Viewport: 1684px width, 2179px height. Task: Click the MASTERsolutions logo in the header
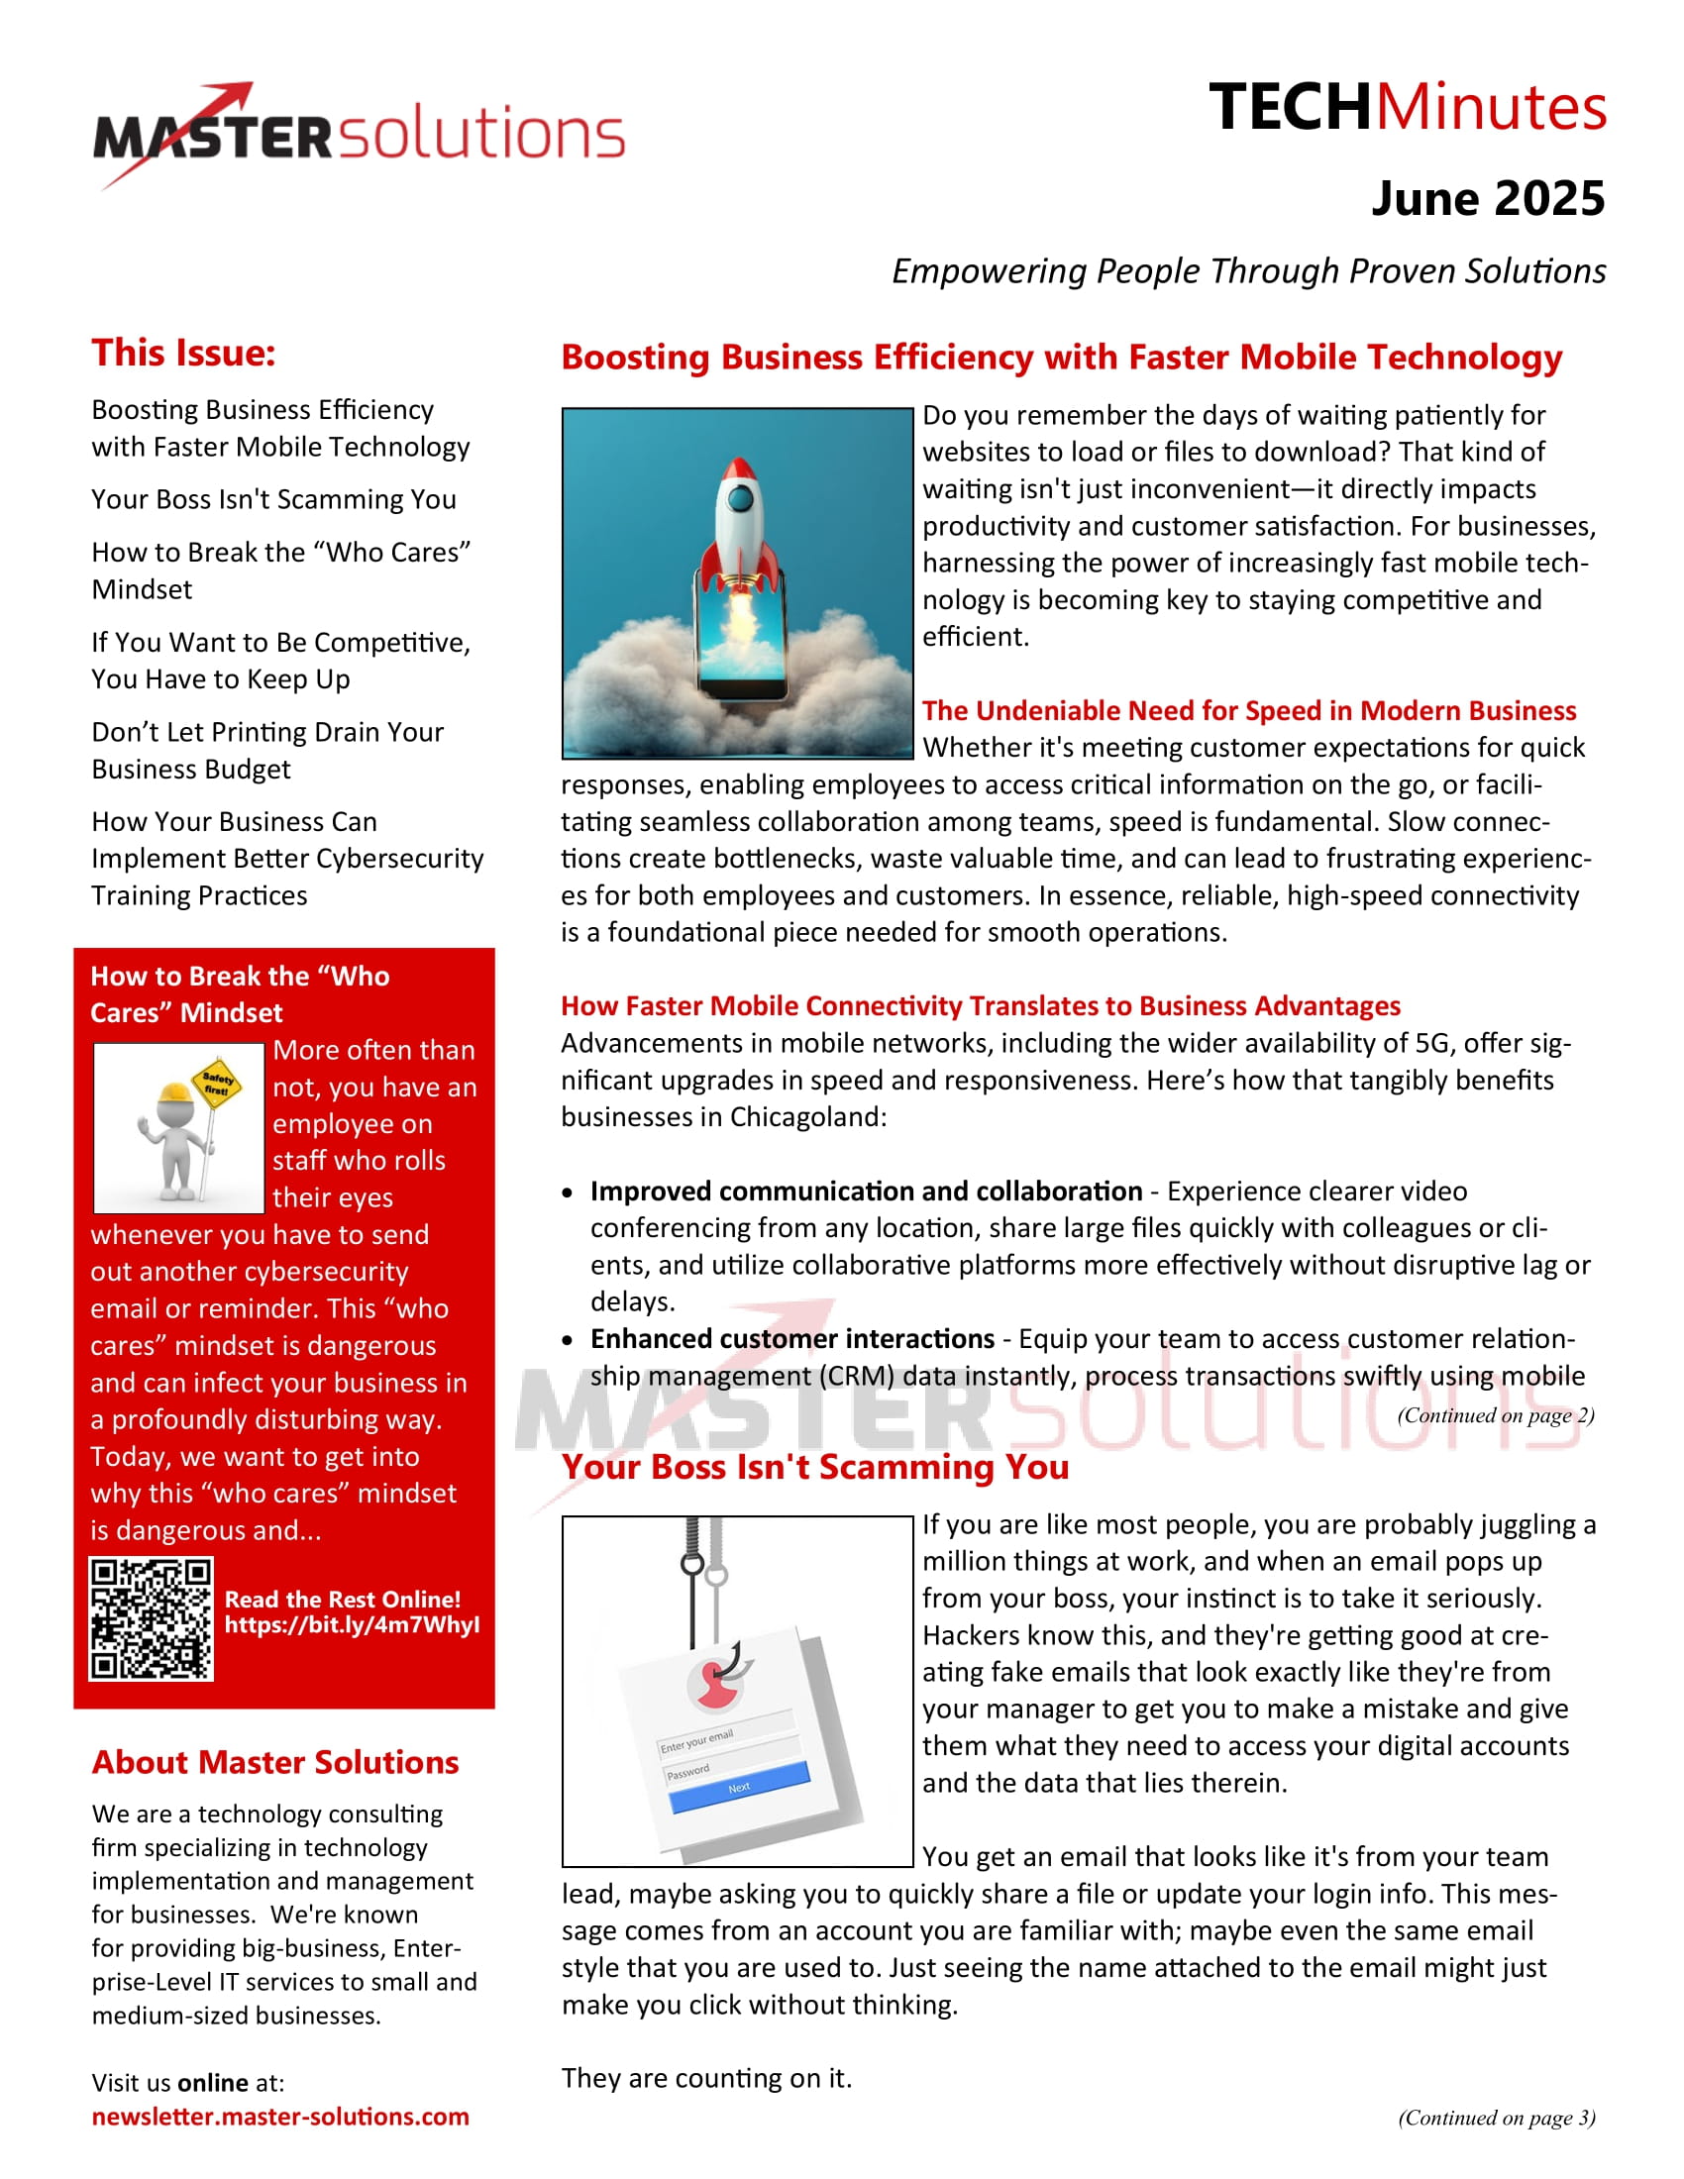(x=360, y=135)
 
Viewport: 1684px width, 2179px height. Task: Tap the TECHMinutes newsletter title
(x=1407, y=107)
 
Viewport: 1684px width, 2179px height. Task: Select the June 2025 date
(x=1488, y=198)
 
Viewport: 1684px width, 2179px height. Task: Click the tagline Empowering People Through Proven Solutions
(x=1248, y=271)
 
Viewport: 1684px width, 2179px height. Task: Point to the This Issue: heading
(x=183, y=354)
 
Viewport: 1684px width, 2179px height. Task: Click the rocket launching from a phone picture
(x=737, y=582)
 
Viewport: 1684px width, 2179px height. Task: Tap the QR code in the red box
(x=151, y=1619)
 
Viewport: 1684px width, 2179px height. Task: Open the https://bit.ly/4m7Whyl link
(x=352, y=1625)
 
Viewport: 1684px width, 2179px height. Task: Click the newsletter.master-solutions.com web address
(x=280, y=2117)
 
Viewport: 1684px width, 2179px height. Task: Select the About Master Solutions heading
(x=275, y=1762)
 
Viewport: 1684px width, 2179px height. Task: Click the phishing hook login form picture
(x=737, y=1691)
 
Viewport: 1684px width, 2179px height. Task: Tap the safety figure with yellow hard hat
(x=182, y=1127)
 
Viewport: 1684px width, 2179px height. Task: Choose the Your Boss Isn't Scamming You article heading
(x=815, y=1467)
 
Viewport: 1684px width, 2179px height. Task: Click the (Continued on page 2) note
(x=1496, y=1414)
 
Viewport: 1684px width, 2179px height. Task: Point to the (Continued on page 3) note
(x=1496, y=2118)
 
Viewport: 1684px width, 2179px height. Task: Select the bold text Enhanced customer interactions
(x=792, y=1338)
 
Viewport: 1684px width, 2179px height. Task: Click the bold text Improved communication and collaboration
(x=866, y=1191)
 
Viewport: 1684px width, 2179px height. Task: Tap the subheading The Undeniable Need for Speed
(x=1248, y=710)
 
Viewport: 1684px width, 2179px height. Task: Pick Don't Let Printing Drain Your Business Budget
(x=267, y=751)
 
